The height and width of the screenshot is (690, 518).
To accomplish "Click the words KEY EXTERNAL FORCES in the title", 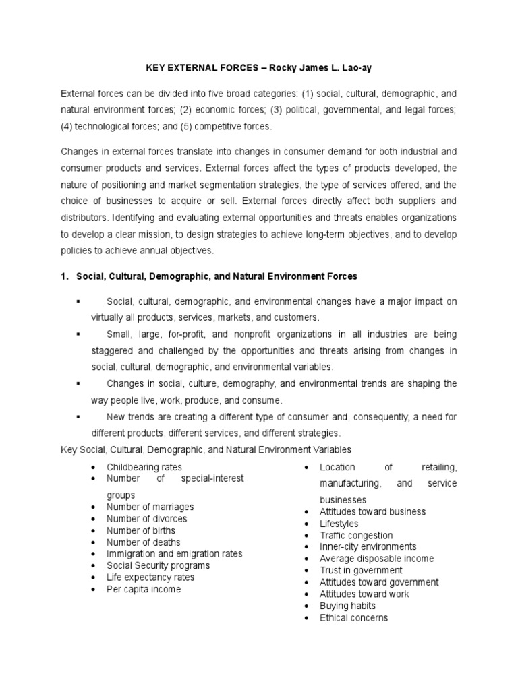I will pyautogui.click(x=197, y=67).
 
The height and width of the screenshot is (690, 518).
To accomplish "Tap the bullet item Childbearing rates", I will pyautogui.click(x=144, y=467).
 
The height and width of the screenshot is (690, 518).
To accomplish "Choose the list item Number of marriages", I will pyautogui.click(x=150, y=507).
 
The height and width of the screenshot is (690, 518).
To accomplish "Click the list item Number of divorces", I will pyautogui.click(x=147, y=519).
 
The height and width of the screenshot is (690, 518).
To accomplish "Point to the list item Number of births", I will pyautogui.click(x=140, y=530).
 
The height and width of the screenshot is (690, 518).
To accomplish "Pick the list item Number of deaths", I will pyautogui.click(x=143, y=542).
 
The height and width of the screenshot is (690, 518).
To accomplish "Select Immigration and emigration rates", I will pyautogui.click(x=174, y=554).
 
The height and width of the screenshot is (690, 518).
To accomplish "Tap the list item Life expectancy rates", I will pyautogui.click(x=150, y=577).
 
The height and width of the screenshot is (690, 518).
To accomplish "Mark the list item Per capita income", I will pyautogui.click(x=144, y=590).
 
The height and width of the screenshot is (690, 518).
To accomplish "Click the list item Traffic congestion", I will pyautogui.click(x=356, y=536).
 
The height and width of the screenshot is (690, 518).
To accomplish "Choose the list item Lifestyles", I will pyautogui.click(x=339, y=524).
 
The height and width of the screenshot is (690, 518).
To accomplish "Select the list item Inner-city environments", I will pyautogui.click(x=368, y=547).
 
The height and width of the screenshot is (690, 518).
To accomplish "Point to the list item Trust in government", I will pyautogui.click(x=361, y=571).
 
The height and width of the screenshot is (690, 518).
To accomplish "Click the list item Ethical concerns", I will pyautogui.click(x=354, y=618).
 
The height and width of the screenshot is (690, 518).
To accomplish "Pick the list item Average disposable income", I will pyautogui.click(x=377, y=559).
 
